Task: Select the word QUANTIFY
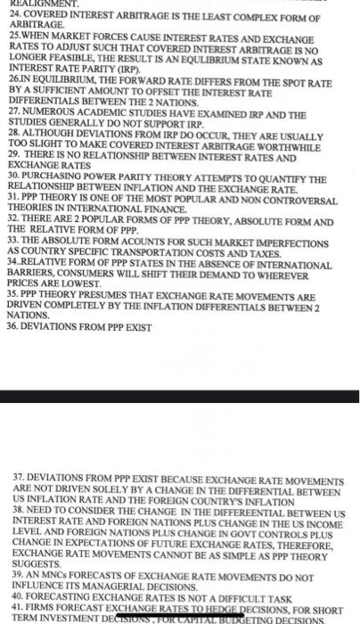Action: (272, 178)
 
